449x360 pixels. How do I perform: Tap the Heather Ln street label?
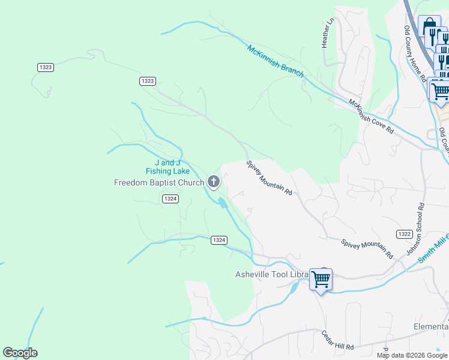[x=327, y=34]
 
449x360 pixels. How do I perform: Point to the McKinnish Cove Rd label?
[x=371, y=116]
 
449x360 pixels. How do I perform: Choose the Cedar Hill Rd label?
[x=337, y=340]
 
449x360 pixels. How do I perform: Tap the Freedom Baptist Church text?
[x=159, y=182]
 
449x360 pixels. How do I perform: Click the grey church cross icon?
[x=213, y=181]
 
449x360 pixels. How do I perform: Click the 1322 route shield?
[x=404, y=233]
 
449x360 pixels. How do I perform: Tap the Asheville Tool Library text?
[x=271, y=275]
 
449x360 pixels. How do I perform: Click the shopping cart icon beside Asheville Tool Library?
[x=321, y=279]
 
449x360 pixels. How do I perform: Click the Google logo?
[x=20, y=352]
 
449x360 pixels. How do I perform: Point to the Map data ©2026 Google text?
[x=412, y=355]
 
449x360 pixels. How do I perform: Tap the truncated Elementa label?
[x=431, y=326]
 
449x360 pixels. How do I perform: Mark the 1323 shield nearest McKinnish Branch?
[x=148, y=81]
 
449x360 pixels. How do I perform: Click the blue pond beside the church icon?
[x=223, y=203]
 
